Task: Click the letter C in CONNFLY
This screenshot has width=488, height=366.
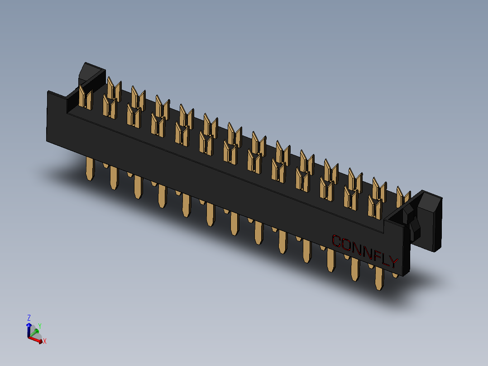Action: click(336, 241)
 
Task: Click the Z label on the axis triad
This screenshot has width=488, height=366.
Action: click(29, 318)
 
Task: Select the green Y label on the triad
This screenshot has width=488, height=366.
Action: click(40, 326)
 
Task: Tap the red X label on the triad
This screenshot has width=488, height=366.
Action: click(45, 341)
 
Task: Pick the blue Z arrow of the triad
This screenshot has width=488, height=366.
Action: click(29, 329)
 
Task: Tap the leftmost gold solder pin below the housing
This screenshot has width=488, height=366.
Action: click(90, 170)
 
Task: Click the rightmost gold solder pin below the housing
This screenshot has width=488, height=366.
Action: click(379, 279)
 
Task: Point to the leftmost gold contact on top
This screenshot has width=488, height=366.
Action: click(85, 98)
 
